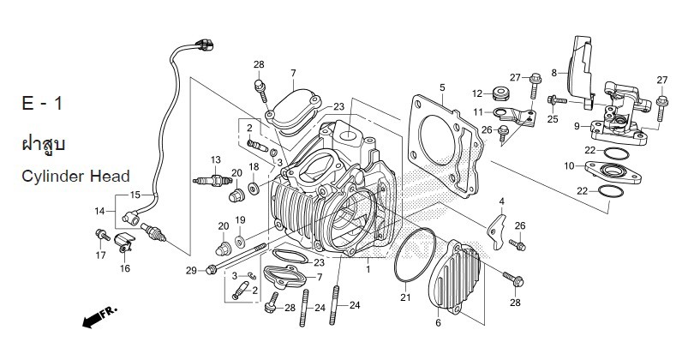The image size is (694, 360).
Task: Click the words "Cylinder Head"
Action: [75, 177]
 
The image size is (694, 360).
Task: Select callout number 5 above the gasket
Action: [442, 87]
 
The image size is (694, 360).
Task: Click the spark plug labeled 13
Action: [211, 181]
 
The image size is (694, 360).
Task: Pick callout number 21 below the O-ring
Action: [404, 297]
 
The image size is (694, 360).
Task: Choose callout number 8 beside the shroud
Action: [554, 72]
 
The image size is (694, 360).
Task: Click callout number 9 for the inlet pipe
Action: [577, 126]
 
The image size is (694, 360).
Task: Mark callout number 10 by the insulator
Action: [569, 165]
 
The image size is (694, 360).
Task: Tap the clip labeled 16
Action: [125, 247]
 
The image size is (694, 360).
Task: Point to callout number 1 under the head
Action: [368, 269]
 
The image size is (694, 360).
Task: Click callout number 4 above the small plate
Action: [502, 201]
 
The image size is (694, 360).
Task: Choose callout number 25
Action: [553, 119]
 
